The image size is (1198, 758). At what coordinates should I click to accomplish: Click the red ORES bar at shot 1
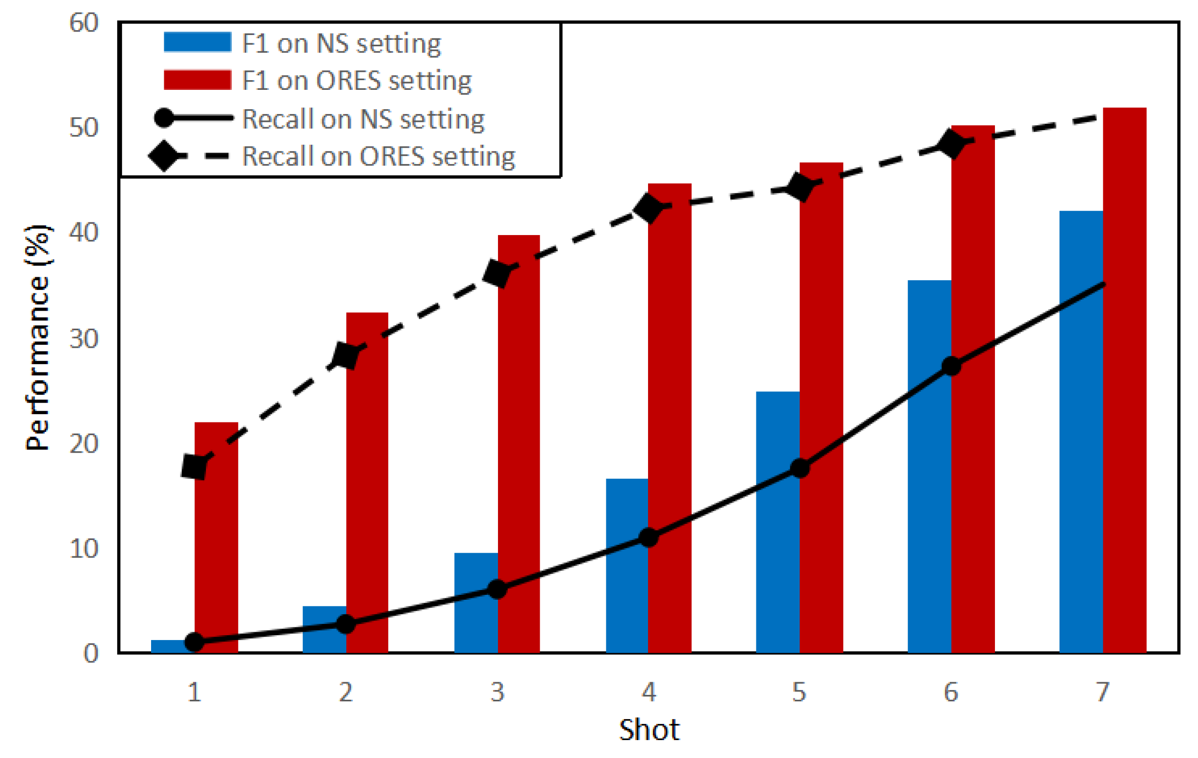tap(216, 537)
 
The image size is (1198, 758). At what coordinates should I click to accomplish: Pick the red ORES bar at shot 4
tap(669, 418)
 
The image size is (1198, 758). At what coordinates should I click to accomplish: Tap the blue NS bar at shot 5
tap(778, 522)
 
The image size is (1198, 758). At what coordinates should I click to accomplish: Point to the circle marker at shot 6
tap(951, 367)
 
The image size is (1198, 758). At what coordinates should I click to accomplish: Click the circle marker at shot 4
tap(649, 537)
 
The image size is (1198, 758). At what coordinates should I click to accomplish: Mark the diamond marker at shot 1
tap(194, 467)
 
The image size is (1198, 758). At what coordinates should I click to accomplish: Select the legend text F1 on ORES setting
tap(356, 81)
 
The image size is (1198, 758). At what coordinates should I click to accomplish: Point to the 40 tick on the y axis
tap(84, 232)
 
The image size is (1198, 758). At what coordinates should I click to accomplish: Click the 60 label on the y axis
tap(84, 23)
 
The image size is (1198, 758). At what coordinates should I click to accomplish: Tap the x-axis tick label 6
tap(951, 692)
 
